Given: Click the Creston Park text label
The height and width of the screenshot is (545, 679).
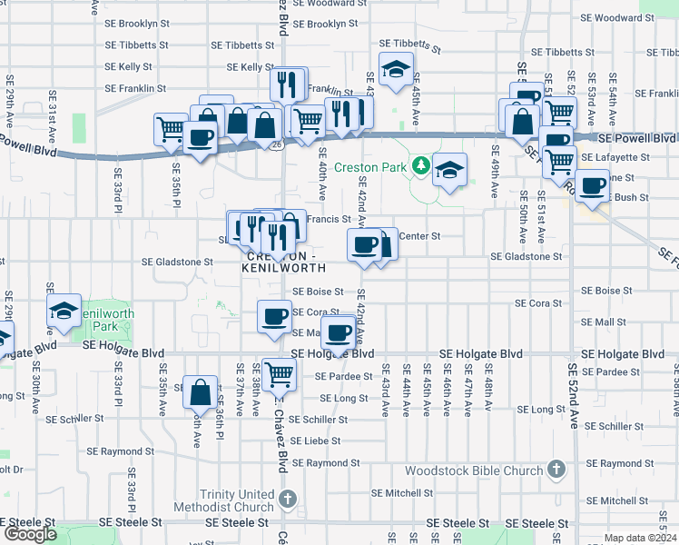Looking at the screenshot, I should point(370,167).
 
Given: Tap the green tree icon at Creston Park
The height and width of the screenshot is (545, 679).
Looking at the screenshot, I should point(420,166).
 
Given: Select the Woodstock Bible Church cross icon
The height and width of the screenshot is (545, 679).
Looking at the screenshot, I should point(557,471).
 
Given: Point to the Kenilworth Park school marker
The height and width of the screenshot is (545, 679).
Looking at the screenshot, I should point(64,311).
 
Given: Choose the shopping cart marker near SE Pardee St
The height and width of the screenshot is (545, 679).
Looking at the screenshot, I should point(280,372).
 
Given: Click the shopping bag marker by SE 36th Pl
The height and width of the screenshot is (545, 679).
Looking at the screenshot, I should point(201,392).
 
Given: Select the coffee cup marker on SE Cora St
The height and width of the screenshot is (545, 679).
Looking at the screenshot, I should point(274,316).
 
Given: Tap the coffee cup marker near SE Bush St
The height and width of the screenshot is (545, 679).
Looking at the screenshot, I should point(593,185).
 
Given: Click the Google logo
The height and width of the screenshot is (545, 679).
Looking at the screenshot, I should point(30,534).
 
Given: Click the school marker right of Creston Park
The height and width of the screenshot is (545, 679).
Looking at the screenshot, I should point(449,170).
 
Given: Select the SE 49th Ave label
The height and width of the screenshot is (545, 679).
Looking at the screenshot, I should point(495,171).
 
